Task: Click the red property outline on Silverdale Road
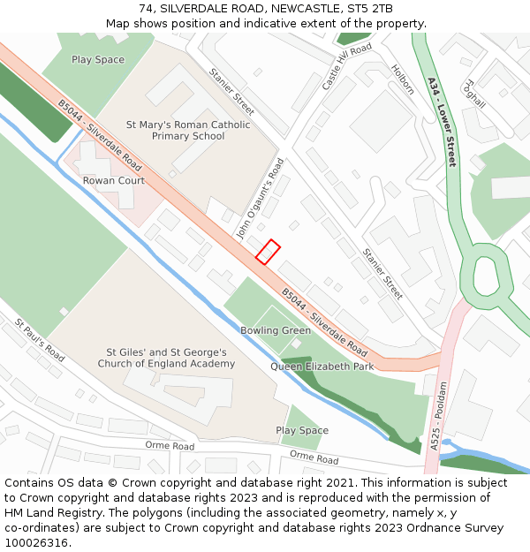click(268, 252)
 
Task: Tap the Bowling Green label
click(276, 330)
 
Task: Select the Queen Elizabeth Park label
click(322, 367)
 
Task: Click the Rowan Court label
click(114, 181)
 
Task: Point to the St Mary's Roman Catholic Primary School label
click(188, 131)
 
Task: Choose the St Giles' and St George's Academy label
click(166, 358)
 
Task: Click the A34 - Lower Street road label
click(441, 122)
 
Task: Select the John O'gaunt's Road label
click(259, 198)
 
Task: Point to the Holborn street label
click(403, 79)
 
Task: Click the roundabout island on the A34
click(486, 276)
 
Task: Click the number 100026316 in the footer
click(35, 542)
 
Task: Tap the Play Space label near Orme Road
click(302, 431)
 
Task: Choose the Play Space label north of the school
click(98, 60)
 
